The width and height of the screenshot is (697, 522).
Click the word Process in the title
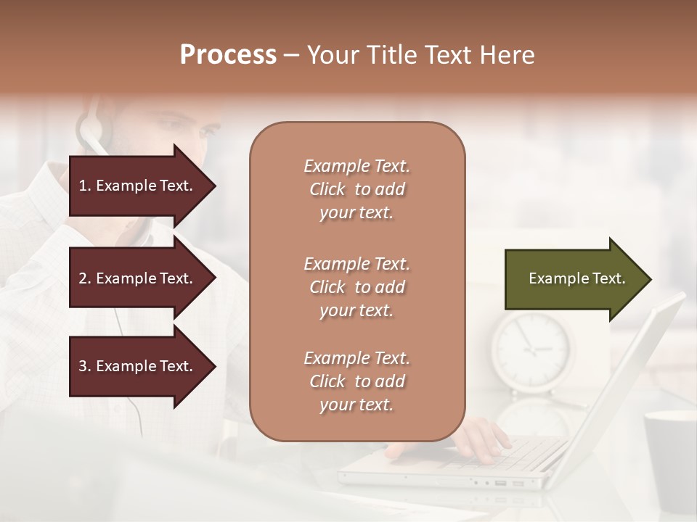(x=228, y=55)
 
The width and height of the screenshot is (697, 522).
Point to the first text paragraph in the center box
(x=356, y=189)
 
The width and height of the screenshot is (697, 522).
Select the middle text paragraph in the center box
(x=356, y=287)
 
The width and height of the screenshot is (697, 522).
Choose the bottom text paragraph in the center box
(x=356, y=381)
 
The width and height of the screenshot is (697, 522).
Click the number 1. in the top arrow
(x=85, y=186)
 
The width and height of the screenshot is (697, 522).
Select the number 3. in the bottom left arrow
(x=85, y=366)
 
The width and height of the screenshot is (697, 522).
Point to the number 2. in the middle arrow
(x=85, y=278)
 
